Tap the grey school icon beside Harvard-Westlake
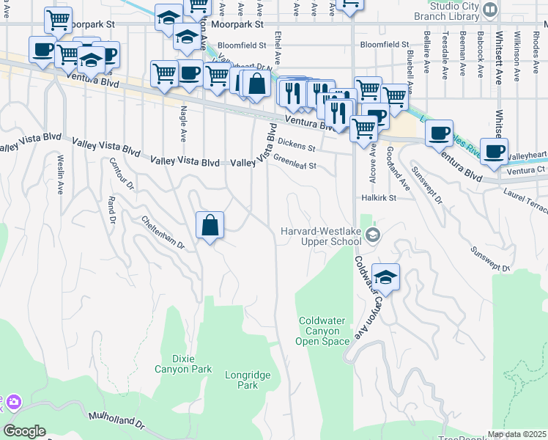pyautogui.click(x=374, y=235)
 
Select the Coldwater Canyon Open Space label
pyautogui.click(x=323, y=331)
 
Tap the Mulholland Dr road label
pyautogui.click(x=117, y=419)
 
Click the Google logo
pyautogui.click(x=24, y=431)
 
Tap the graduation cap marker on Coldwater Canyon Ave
pyautogui.click(x=385, y=278)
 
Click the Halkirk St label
pyautogui.click(x=378, y=198)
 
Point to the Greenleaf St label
pyautogui.click(x=295, y=166)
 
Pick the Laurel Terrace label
pyautogui.click(x=525, y=196)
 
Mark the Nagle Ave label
pyautogui.click(x=183, y=125)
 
